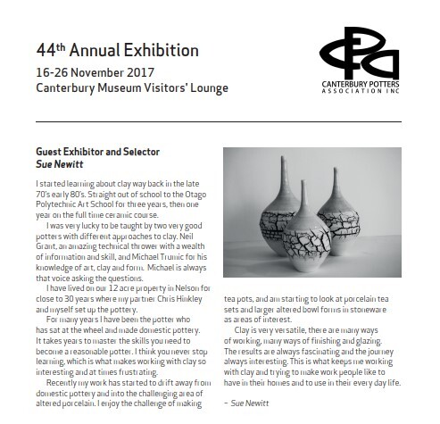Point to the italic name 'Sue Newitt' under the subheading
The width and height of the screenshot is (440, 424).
coord(55,166)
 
